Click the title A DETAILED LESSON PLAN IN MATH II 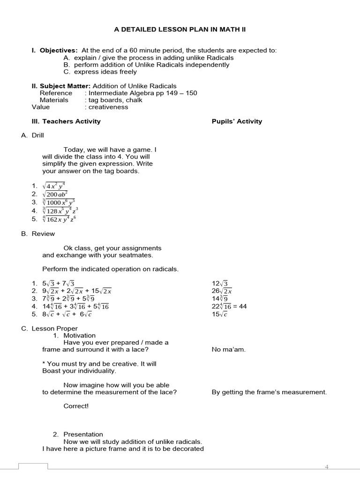[x=180, y=30]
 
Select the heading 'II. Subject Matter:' [x=61, y=86]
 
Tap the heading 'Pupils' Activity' [x=237, y=121]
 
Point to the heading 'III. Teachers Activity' [x=66, y=121]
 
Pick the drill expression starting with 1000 [x=59, y=202]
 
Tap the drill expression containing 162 [x=59, y=219]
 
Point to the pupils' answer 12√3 [x=220, y=284]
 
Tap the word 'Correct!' [x=76, y=406]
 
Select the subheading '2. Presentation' [x=78, y=434]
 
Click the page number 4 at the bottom [x=327, y=467]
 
